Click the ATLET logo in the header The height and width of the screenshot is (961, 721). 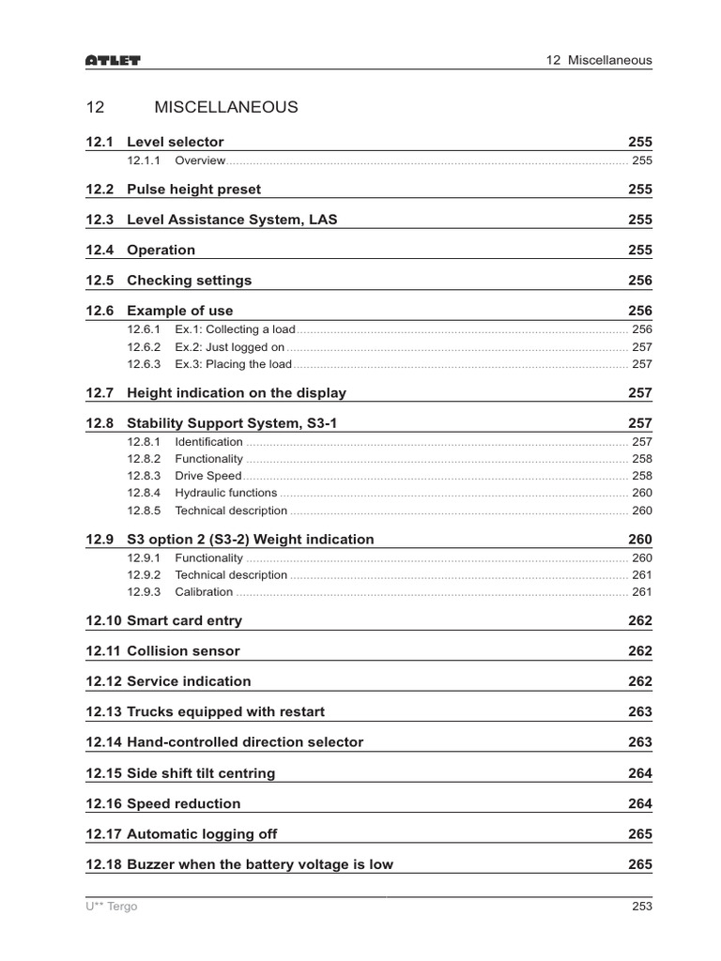coord(113,61)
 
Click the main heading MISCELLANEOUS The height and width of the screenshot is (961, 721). coord(225,107)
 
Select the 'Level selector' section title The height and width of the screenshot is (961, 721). coord(175,142)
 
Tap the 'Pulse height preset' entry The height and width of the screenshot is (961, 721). coord(193,189)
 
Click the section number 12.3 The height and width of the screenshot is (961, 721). coord(99,220)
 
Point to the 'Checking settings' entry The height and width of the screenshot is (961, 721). coord(189,281)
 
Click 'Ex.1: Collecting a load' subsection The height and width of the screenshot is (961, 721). coord(235,329)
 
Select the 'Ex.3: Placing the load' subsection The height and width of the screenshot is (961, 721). coord(233,364)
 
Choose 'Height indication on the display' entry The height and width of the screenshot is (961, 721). coord(236,393)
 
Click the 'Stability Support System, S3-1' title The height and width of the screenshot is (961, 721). coord(231,423)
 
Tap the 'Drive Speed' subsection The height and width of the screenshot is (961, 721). coord(207,476)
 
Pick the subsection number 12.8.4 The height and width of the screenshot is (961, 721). coord(144,493)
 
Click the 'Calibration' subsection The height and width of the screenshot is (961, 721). coord(204,592)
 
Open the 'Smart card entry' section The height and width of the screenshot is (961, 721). coord(184,620)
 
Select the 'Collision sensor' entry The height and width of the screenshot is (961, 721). coord(183,651)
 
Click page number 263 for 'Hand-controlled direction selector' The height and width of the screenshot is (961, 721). coord(639,742)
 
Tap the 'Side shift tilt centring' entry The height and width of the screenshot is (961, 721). coord(201,773)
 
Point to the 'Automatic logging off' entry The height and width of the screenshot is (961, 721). coord(202,834)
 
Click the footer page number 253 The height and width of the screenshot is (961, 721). coord(641,907)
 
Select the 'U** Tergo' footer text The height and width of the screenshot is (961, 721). coord(111,907)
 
